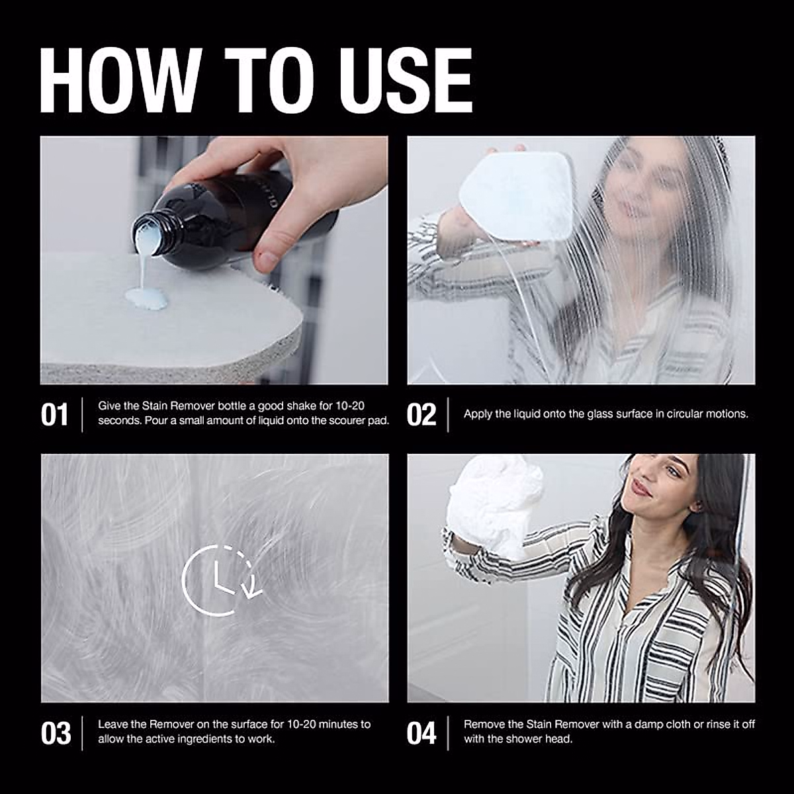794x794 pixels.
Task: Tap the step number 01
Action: [54, 415]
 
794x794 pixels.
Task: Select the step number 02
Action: [421, 415]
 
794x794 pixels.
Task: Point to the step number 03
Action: [56, 733]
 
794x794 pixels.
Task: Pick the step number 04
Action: [421, 733]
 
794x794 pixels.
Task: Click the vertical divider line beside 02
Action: [449, 415]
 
